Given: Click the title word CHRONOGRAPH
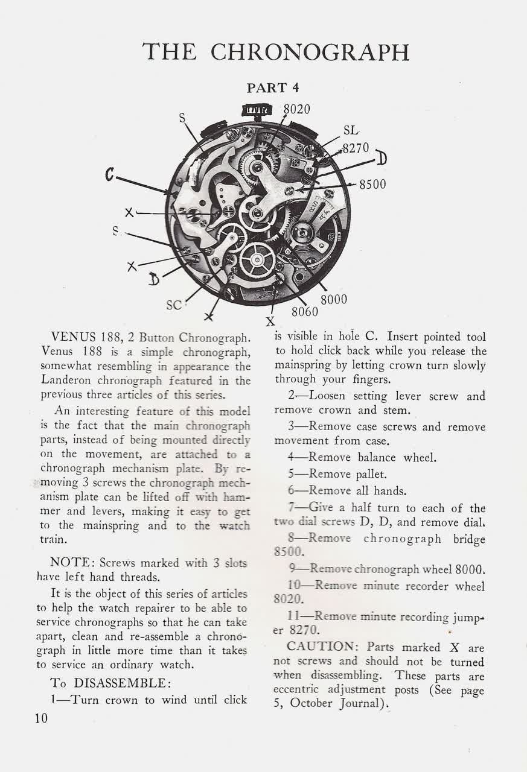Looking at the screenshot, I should (x=310, y=52).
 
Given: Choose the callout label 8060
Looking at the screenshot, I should (x=304, y=312).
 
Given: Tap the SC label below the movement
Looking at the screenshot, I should (x=174, y=306).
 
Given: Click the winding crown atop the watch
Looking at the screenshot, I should (x=258, y=110).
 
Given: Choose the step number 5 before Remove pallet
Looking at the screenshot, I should (x=291, y=474).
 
